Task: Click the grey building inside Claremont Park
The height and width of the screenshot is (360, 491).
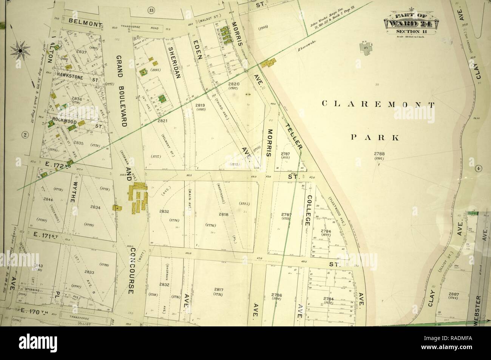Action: [x=366, y=48]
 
